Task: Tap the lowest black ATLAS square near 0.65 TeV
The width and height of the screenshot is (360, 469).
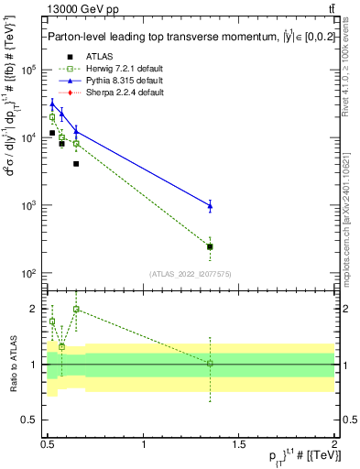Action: point(76,164)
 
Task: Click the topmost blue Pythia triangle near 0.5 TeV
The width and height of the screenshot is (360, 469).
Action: point(52,104)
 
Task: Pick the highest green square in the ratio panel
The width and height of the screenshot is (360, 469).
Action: point(76,310)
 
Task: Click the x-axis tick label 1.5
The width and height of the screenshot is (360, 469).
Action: point(239,443)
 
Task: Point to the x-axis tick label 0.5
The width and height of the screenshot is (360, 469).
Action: point(49,443)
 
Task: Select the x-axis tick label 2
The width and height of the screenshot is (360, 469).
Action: point(334,443)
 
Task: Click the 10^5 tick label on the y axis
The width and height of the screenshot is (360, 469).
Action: point(28,70)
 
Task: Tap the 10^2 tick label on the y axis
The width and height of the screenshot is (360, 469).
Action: point(28,274)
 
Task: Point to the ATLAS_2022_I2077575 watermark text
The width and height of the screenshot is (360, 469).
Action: point(190,274)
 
